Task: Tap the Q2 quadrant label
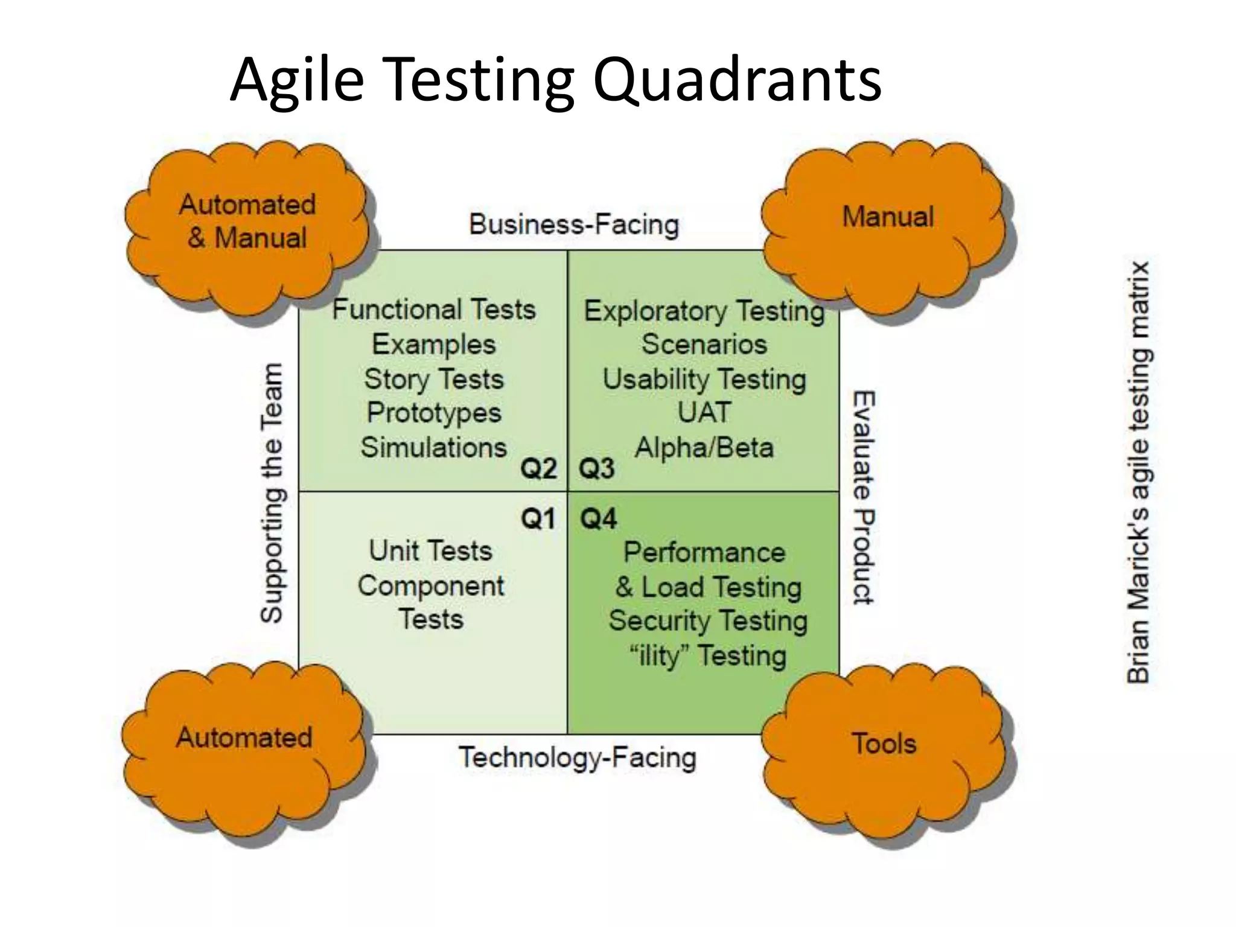pos(538,468)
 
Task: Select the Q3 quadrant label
pos(596,468)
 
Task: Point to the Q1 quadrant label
pos(538,518)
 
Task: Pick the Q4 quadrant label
pos(598,518)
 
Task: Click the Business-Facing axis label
pos(574,225)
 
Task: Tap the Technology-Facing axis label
pos(577,758)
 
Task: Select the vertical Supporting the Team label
pos(272,492)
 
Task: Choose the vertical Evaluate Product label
pos(864,497)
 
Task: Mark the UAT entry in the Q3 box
pos(704,413)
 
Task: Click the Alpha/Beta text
pos(704,448)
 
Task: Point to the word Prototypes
pos(434,413)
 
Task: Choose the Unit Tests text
pos(430,551)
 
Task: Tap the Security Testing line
pos(707,621)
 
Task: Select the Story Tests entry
pos(433,380)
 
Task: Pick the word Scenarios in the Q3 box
pos(704,345)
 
